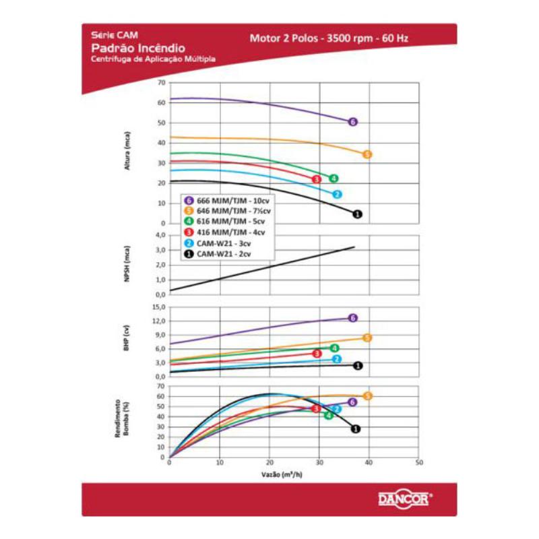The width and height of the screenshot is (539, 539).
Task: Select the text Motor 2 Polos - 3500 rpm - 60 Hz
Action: click(328, 38)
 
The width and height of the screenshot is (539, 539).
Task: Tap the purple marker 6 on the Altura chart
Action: click(352, 122)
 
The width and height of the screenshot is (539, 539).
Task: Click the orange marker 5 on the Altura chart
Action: click(367, 154)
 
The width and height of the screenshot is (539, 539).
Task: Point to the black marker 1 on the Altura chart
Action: click(357, 214)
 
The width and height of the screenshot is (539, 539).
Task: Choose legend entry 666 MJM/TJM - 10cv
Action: click(226, 200)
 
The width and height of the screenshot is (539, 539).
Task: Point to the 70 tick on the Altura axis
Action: click(161, 82)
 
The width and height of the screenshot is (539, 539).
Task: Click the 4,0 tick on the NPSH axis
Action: click(160, 235)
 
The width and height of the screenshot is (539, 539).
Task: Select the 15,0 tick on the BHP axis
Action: click(159, 307)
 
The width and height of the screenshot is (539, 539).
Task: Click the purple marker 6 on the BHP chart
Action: click(352, 318)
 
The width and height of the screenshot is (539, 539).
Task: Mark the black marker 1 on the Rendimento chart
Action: click(355, 429)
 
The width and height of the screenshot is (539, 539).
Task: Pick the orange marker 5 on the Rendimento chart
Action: click(368, 396)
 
